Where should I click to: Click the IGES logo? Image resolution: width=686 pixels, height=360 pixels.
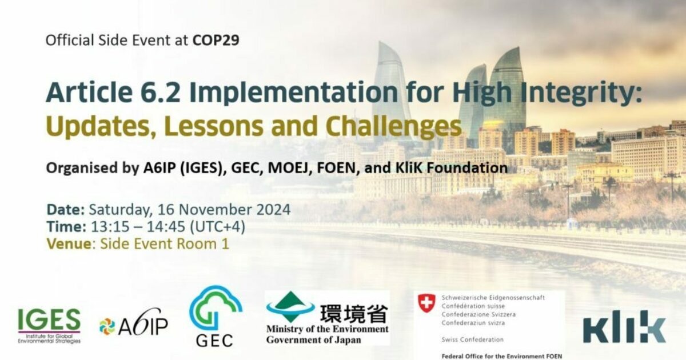[x=49, y=324]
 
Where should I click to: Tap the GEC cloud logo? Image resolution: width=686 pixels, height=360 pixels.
[x=215, y=316]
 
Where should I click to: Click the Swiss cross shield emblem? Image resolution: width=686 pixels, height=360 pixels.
[x=426, y=303]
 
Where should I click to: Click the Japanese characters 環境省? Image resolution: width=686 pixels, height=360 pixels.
[x=353, y=314]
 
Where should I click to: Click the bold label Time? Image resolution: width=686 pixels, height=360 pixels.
[x=66, y=226]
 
